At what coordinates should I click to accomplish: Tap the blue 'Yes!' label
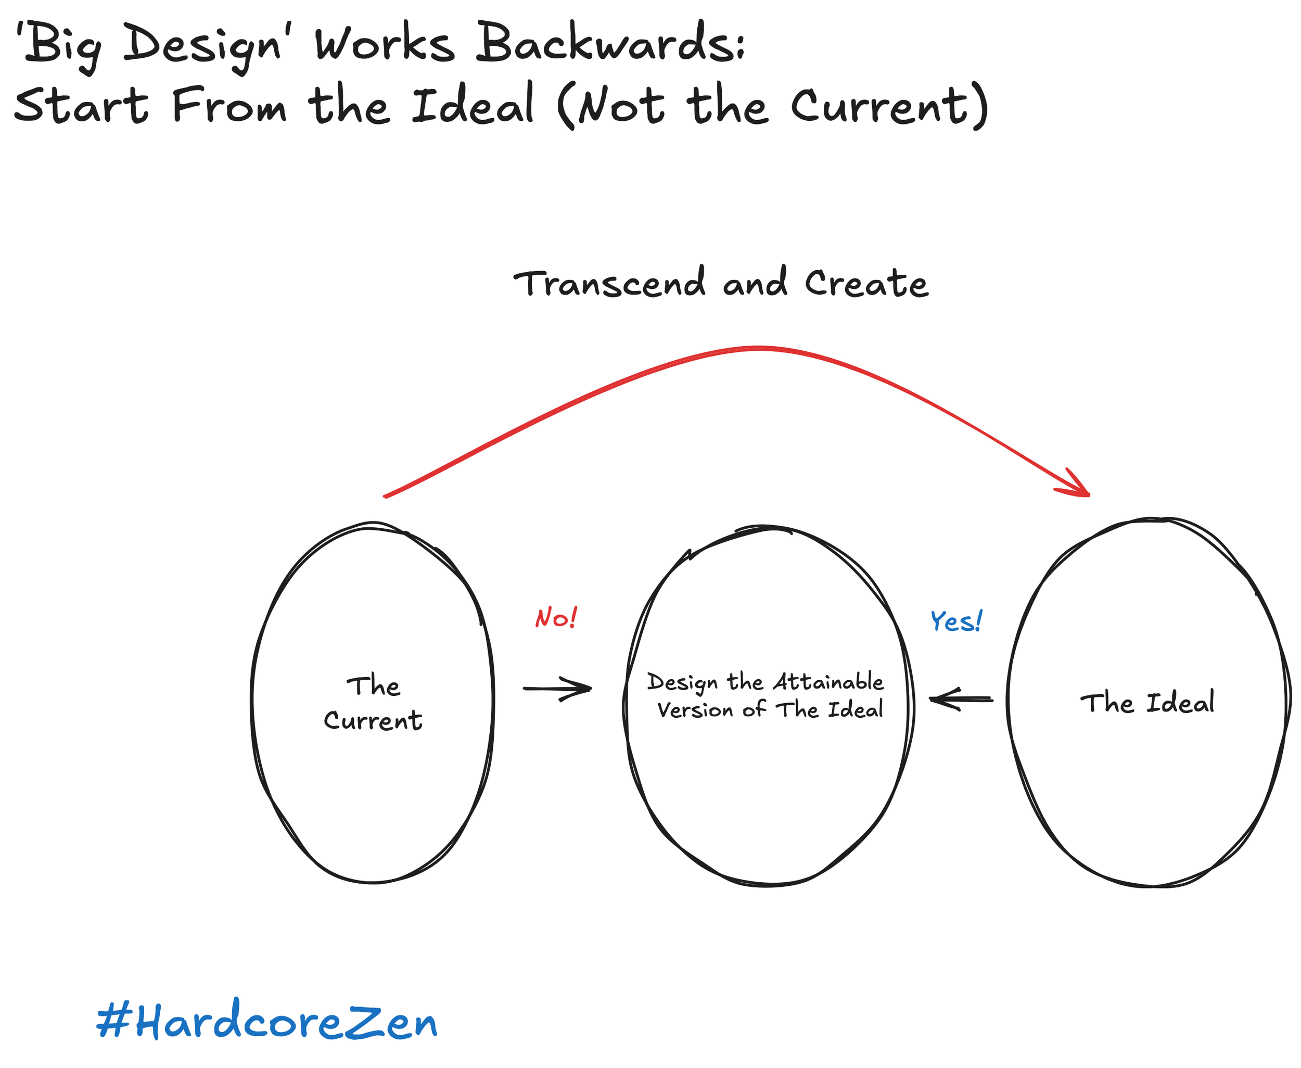pos(955,621)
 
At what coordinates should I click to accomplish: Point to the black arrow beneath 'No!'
pos(557,689)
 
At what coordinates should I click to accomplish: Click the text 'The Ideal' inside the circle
pos(1147,703)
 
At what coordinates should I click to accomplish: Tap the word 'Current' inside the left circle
pos(373,720)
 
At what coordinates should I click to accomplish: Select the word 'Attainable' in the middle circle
pos(828,682)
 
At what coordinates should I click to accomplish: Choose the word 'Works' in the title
pos(385,44)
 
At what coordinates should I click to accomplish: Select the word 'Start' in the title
pos(81,105)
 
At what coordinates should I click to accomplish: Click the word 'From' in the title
pos(229,105)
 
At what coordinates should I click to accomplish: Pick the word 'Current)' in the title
pos(889,106)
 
